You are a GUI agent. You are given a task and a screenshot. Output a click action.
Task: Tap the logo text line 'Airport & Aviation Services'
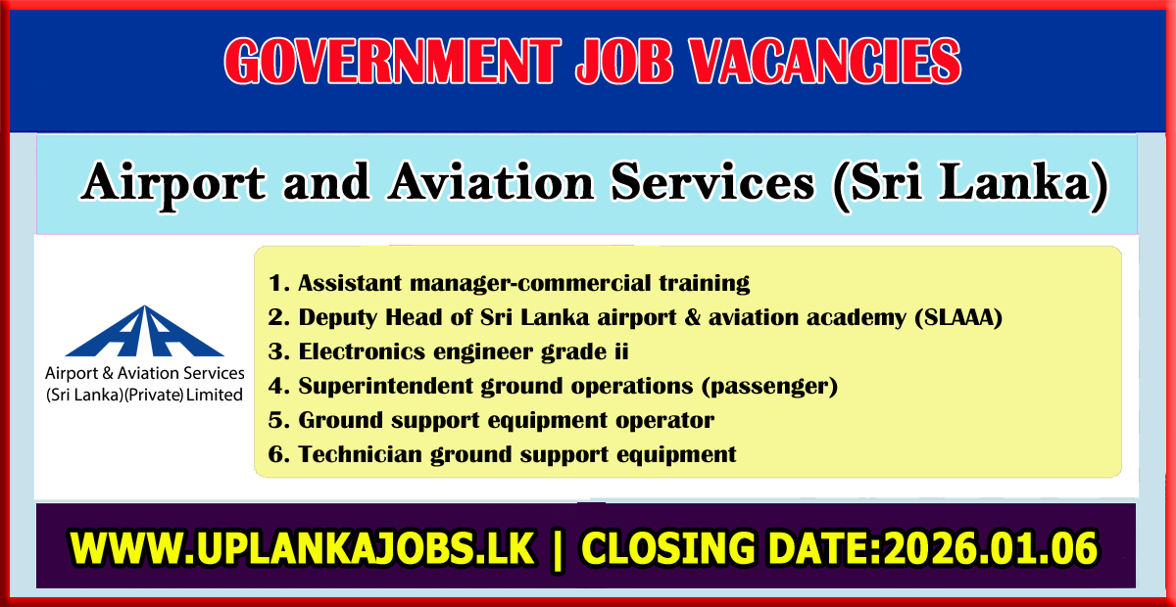tap(144, 373)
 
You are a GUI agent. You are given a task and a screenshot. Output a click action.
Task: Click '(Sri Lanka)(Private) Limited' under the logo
tap(144, 394)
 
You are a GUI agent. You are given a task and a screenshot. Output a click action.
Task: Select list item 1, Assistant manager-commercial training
tap(510, 284)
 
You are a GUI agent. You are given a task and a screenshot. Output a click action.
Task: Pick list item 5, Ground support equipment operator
tap(492, 420)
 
